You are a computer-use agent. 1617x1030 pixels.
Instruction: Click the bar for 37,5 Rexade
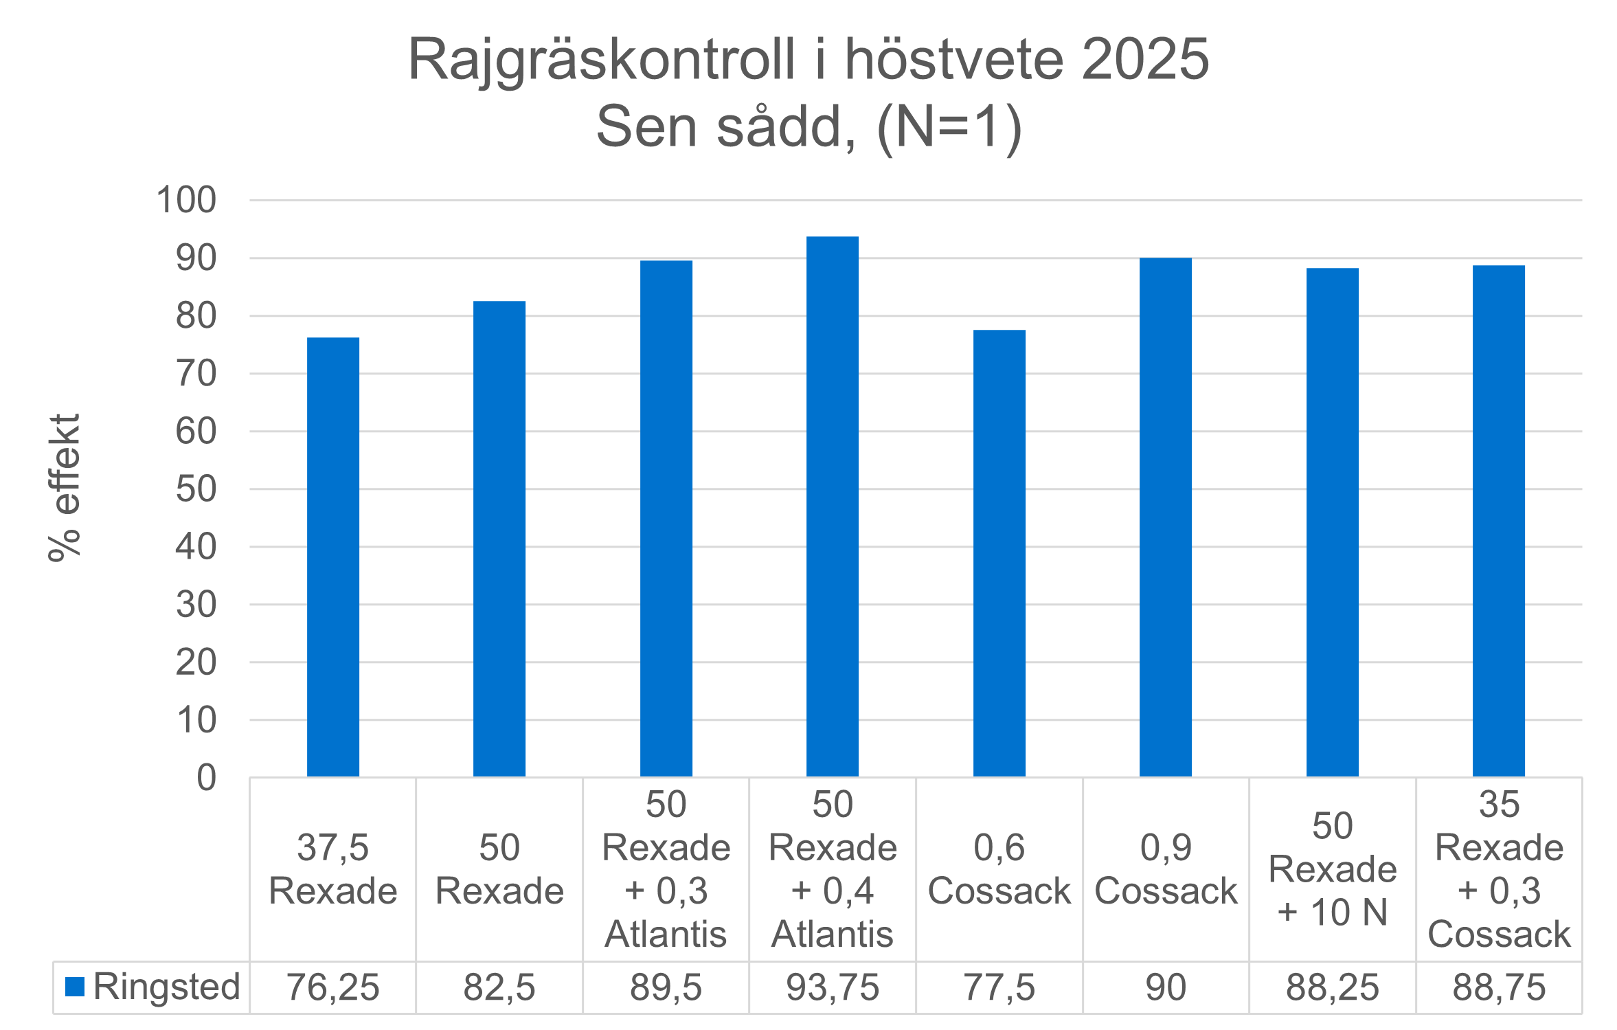coord(333,557)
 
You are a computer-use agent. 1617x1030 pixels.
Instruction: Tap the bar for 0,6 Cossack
coord(999,553)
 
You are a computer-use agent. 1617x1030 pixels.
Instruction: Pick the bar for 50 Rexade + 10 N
coord(1333,522)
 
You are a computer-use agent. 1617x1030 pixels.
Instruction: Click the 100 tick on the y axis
coord(186,201)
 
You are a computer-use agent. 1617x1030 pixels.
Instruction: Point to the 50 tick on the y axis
coord(196,489)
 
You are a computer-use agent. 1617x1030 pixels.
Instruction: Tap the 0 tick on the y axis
coord(206,779)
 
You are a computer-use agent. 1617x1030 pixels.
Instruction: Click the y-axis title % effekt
coord(65,488)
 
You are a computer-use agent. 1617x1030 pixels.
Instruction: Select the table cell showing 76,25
coord(333,987)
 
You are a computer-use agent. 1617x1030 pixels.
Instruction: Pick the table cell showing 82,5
coord(499,987)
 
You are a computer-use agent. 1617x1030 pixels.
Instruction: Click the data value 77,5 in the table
coord(999,987)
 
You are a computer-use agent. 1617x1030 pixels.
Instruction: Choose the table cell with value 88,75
coord(1499,987)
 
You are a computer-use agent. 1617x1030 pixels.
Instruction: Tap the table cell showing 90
coord(1166,987)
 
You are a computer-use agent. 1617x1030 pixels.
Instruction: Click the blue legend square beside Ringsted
coord(74,987)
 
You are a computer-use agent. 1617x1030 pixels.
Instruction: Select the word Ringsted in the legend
coord(166,987)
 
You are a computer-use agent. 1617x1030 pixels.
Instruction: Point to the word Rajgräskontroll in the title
coord(601,60)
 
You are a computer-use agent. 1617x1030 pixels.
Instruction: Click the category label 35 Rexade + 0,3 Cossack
coord(1499,869)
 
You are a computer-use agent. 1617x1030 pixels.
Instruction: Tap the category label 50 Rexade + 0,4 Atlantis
coord(833,869)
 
